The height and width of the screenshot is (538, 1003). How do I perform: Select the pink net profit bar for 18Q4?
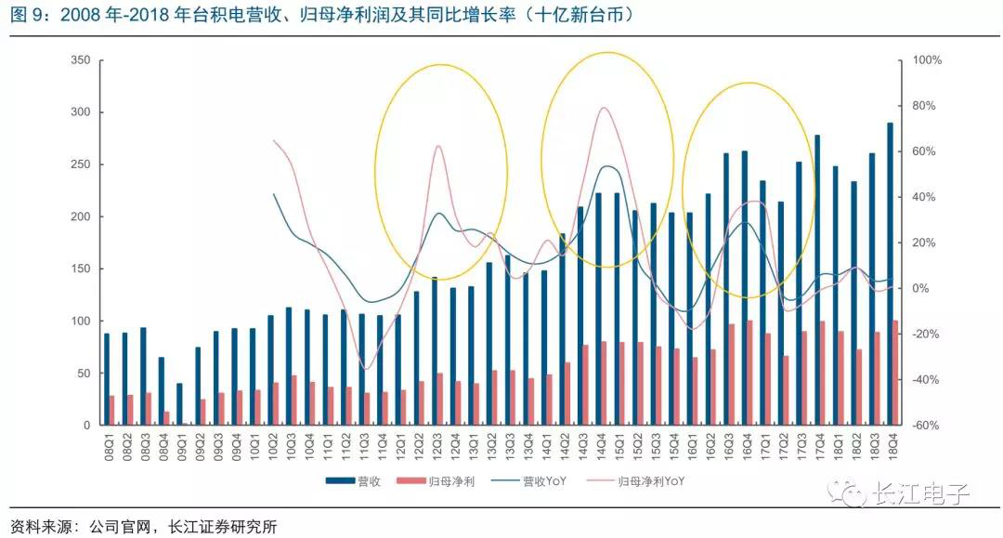click(x=895, y=373)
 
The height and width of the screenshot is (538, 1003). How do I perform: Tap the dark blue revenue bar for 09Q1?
click(x=179, y=404)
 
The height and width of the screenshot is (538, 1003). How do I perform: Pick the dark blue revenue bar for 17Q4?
click(x=817, y=280)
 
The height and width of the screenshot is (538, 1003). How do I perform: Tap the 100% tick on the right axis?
click(x=928, y=60)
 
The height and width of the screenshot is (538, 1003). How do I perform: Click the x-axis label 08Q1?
click(x=109, y=445)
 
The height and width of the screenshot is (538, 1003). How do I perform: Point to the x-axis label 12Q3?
click(x=436, y=445)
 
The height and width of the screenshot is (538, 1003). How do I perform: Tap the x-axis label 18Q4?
click(x=890, y=445)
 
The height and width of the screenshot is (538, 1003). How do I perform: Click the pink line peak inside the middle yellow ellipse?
click(x=605, y=108)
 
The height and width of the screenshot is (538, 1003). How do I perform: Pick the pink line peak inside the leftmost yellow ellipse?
click(x=437, y=146)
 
